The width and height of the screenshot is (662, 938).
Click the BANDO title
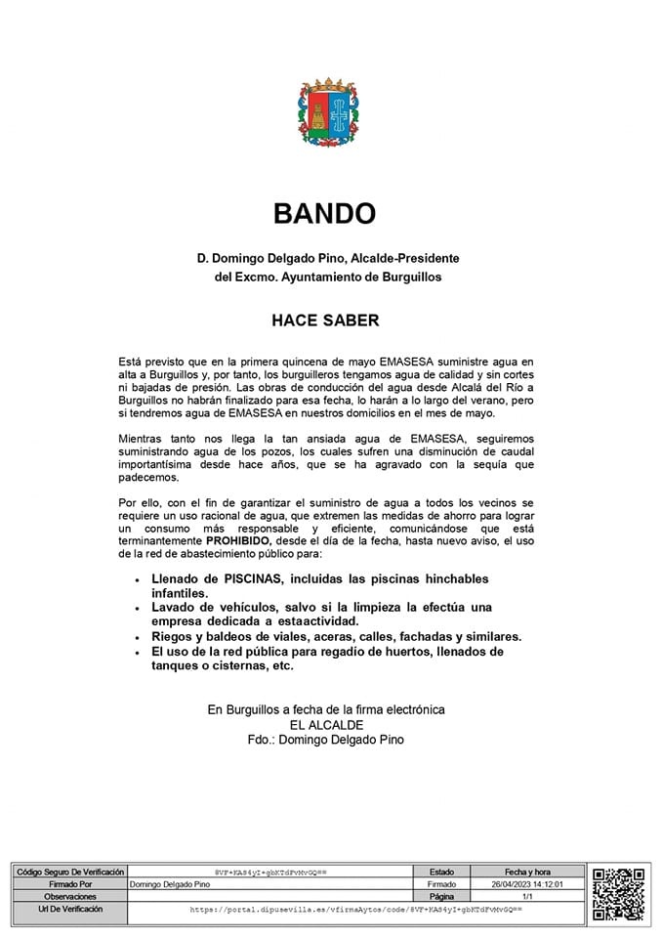coord(324,213)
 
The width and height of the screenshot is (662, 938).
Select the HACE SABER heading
coord(325,320)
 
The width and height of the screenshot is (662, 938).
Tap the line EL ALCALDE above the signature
coord(326,725)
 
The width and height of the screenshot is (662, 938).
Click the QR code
coord(619,893)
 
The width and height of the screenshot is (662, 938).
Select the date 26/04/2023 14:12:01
coord(528,883)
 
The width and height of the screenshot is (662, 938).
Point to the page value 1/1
coord(528,896)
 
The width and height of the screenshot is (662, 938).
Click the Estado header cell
coord(441,871)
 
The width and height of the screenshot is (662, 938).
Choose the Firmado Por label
coord(67,883)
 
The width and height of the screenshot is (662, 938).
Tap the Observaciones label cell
coord(67,896)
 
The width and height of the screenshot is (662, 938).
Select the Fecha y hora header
coord(528,871)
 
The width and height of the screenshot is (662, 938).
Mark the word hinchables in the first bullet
coord(430,579)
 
